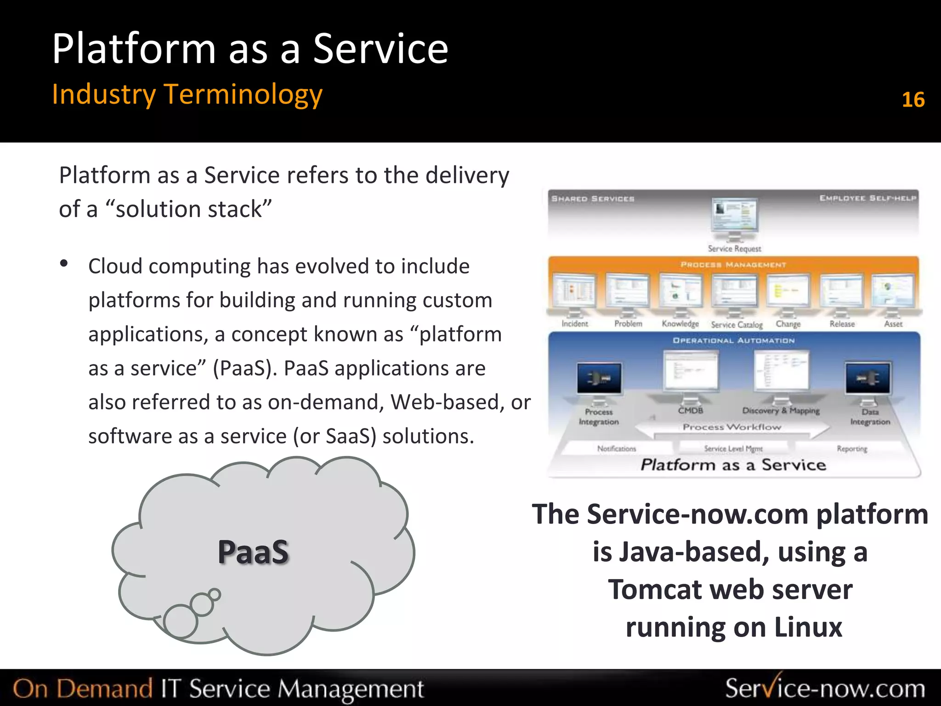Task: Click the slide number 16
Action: [x=913, y=100]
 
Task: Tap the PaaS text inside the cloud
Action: [x=253, y=552]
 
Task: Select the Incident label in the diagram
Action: [x=574, y=324]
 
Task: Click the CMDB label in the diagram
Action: [x=691, y=410]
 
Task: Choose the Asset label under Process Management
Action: [x=893, y=324]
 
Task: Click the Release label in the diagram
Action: [x=842, y=324]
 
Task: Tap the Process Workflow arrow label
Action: [x=732, y=427]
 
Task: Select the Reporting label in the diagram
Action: [x=852, y=448]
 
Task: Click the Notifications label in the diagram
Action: [x=617, y=448]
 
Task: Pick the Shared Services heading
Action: [x=593, y=199]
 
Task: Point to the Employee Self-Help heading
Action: [x=867, y=198]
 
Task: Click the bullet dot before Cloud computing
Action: [x=64, y=263]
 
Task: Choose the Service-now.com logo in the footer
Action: [x=825, y=688]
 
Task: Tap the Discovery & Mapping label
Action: [x=781, y=410]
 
